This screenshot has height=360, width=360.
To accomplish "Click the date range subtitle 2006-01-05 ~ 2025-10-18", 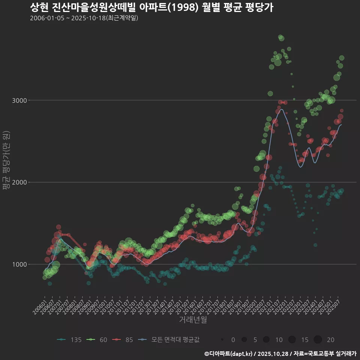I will (x=84, y=18).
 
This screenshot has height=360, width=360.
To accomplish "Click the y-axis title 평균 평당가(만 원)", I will (x=6, y=161).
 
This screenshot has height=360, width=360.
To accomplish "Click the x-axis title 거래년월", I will (x=193, y=319).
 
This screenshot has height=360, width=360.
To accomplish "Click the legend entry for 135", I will (x=69, y=340).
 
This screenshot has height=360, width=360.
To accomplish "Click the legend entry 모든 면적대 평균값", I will (x=169, y=340).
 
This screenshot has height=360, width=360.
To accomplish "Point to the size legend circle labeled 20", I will (x=318, y=340).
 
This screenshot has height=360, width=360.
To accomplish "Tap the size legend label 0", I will (x=233, y=340).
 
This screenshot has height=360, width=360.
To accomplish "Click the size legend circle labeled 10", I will (x=266, y=340).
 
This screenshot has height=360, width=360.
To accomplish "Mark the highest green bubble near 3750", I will (x=280, y=37).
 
